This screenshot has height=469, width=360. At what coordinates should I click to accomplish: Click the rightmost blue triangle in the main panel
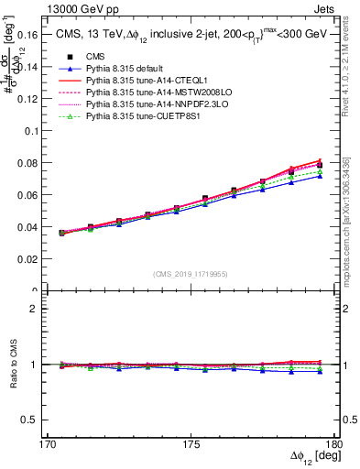point(320,176)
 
